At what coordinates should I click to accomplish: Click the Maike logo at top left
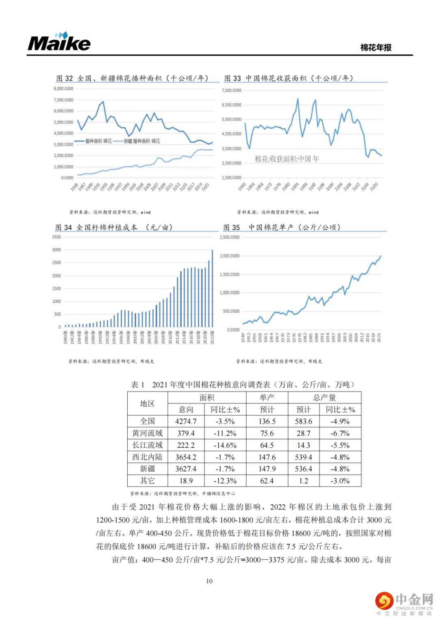(59, 42)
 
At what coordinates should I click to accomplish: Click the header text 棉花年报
(376, 48)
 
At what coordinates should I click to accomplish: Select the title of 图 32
(132, 78)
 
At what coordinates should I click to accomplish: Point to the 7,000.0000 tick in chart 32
(63, 100)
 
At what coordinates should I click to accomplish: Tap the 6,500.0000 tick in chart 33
(231, 105)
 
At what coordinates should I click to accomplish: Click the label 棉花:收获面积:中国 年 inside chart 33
(287, 159)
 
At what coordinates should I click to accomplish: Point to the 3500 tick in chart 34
(57, 237)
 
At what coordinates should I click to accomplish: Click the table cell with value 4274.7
(186, 421)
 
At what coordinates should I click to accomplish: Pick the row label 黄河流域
(147, 433)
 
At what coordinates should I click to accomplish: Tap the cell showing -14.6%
(225, 445)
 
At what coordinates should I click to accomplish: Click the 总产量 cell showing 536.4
(303, 469)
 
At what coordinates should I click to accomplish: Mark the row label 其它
(147, 481)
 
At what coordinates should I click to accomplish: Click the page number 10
(209, 581)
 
